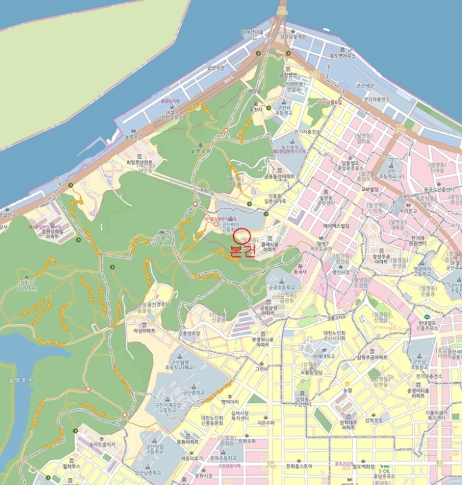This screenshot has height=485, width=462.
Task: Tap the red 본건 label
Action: click(243, 252)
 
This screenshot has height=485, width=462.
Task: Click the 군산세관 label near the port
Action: click(365, 85)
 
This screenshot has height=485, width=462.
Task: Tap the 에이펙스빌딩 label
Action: click(339, 226)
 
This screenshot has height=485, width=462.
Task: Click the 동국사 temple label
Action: click(299, 272)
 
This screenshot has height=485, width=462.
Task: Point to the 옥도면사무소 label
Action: click(342, 55)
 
